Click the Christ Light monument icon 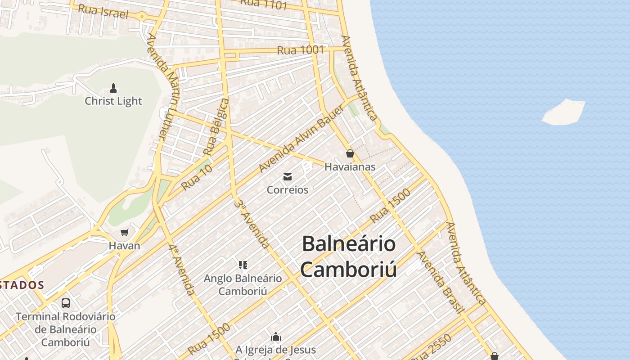[x=113, y=88]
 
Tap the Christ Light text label [x=113, y=101]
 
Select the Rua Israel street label [x=103, y=11]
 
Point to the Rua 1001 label [x=300, y=50]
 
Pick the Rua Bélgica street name [x=216, y=127]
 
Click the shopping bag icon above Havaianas [x=350, y=154]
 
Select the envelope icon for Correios [x=288, y=177]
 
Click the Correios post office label [x=288, y=190]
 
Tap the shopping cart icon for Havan [x=124, y=233]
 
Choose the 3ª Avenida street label [x=252, y=224]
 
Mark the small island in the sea [x=563, y=112]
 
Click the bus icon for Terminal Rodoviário [x=66, y=303]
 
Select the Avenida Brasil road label [x=441, y=282]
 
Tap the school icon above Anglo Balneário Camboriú [x=243, y=265]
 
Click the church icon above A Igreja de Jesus [x=276, y=337]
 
